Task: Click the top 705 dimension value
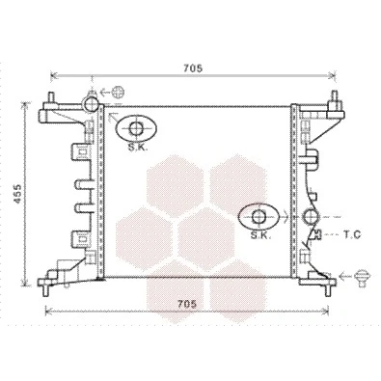[193, 68]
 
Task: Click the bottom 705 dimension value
[187, 304]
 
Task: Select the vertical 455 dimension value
[17, 194]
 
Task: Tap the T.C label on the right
[351, 235]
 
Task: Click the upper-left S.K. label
[137, 148]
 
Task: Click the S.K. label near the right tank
[260, 235]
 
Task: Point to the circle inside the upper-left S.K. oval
[136, 128]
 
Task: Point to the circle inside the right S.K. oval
[259, 217]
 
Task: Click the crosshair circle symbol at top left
[118, 93]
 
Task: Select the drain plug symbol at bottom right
[362, 277]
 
